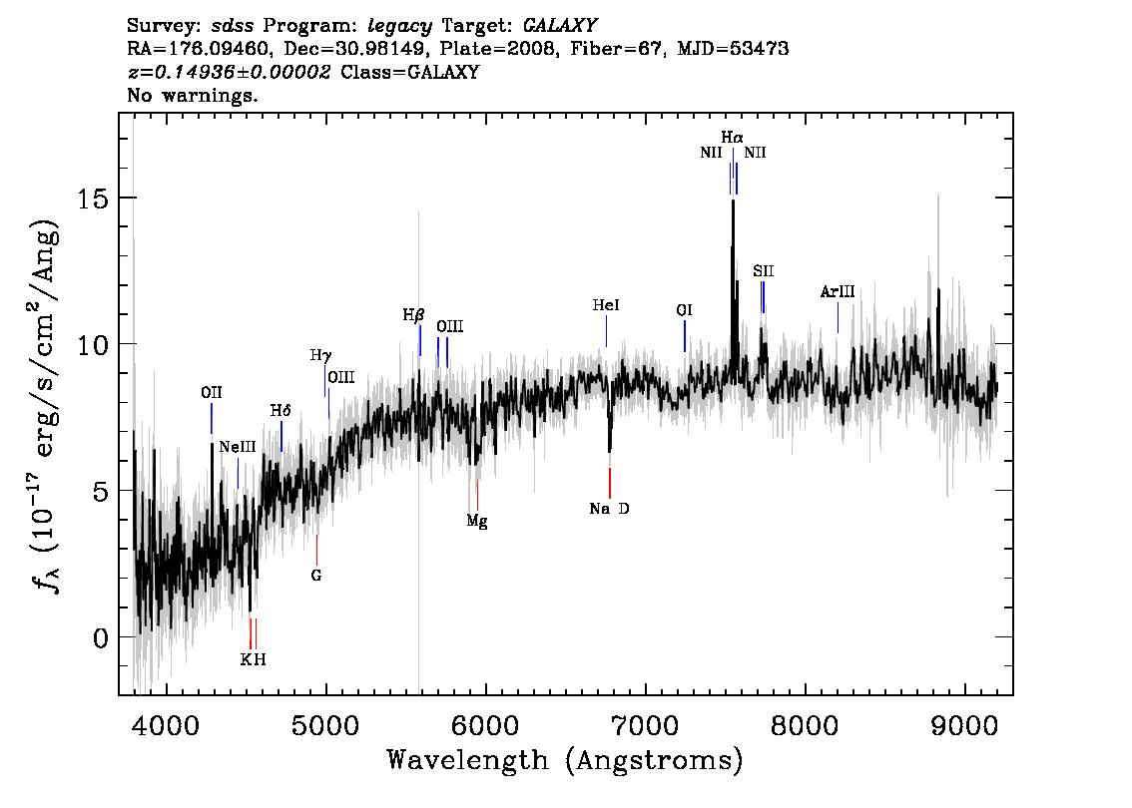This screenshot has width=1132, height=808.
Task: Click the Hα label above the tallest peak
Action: (732, 137)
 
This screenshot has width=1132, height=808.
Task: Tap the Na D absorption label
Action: (609, 509)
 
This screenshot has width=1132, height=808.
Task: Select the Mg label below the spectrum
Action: (476, 521)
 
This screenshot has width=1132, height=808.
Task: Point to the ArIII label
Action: (838, 292)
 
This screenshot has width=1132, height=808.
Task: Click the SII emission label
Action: (763, 271)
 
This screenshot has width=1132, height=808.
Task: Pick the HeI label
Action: (606, 305)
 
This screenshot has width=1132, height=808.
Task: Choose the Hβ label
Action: (413, 315)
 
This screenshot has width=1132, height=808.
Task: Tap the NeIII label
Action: (238, 447)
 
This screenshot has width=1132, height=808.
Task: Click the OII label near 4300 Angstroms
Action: (212, 392)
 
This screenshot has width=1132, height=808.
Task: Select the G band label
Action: (316, 576)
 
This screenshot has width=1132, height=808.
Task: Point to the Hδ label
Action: (281, 411)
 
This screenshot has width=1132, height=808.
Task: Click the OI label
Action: (684, 310)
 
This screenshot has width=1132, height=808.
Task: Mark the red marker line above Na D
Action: (610, 483)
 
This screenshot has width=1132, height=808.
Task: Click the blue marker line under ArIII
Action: (839, 317)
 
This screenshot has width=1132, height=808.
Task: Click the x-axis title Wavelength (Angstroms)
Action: (565, 760)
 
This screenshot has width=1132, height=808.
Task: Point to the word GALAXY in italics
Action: (559, 26)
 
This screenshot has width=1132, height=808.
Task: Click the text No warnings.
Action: (192, 95)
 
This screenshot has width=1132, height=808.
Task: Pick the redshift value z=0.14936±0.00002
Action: (229, 72)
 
